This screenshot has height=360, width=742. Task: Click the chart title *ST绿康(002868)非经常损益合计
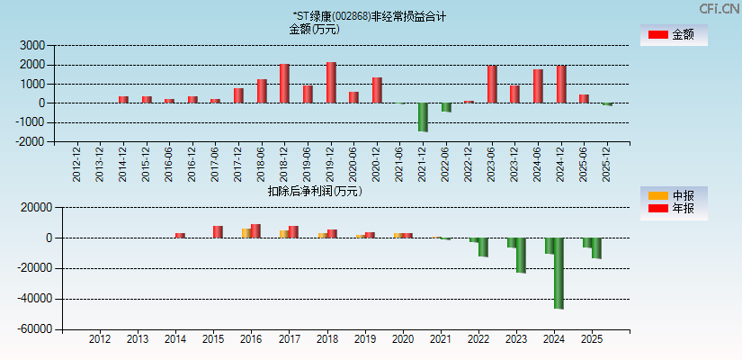tap(369, 16)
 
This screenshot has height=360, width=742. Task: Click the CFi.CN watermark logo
tap(719, 9)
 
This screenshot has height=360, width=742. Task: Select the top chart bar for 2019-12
tap(331, 83)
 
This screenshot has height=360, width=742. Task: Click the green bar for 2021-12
tap(423, 117)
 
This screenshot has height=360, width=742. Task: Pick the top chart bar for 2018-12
tap(284, 84)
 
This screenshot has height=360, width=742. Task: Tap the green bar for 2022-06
tap(446, 107)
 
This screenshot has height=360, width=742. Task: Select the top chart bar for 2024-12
tap(561, 85)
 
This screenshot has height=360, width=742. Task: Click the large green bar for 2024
tap(559, 274)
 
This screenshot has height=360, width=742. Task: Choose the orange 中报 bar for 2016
tap(246, 233)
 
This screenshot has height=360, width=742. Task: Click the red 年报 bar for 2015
tap(218, 232)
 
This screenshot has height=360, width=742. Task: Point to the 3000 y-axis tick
tap(32, 45)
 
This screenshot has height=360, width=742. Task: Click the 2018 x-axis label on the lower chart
tap(326, 339)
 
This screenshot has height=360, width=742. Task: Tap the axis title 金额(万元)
tap(314, 29)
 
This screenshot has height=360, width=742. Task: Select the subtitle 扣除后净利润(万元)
tap(314, 191)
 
